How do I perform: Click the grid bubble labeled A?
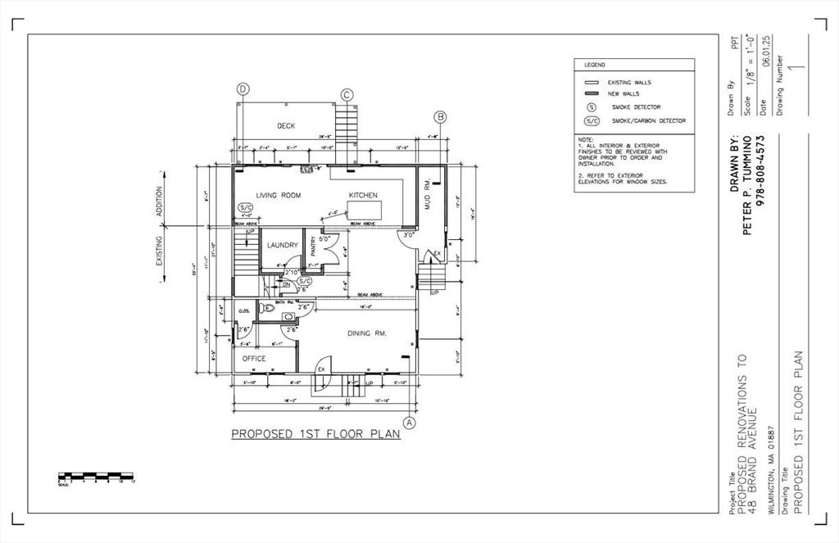[410, 423]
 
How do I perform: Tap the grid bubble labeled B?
[440, 117]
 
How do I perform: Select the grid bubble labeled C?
[347, 95]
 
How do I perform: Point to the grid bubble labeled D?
[243, 88]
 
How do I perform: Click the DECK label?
[285, 126]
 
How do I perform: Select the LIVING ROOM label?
[278, 196]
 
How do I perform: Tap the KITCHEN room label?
[363, 196]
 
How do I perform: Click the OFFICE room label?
[254, 359]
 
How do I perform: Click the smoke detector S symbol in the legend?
[590, 107]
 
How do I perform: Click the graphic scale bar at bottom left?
[95, 475]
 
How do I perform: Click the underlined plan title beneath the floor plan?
[315, 434]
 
